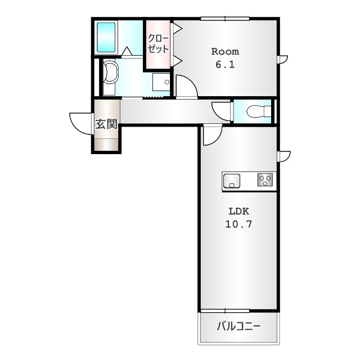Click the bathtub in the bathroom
click(x=106, y=37)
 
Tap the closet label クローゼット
click(x=159, y=43)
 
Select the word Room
click(x=225, y=51)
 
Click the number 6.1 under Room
click(x=225, y=64)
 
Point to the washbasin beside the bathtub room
click(x=111, y=73)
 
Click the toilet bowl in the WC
click(x=259, y=111)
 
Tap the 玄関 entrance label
click(x=106, y=124)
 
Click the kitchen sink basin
click(x=232, y=181)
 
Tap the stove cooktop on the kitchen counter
click(x=265, y=180)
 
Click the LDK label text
click(x=238, y=211)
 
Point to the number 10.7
click(x=238, y=224)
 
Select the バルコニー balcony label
click(x=239, y=326)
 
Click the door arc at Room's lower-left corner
click(x=186, y=87)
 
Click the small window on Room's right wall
click(x=283, y=59)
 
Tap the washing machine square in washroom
click(x=162, y=82)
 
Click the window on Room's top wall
click(x=225, y=19)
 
